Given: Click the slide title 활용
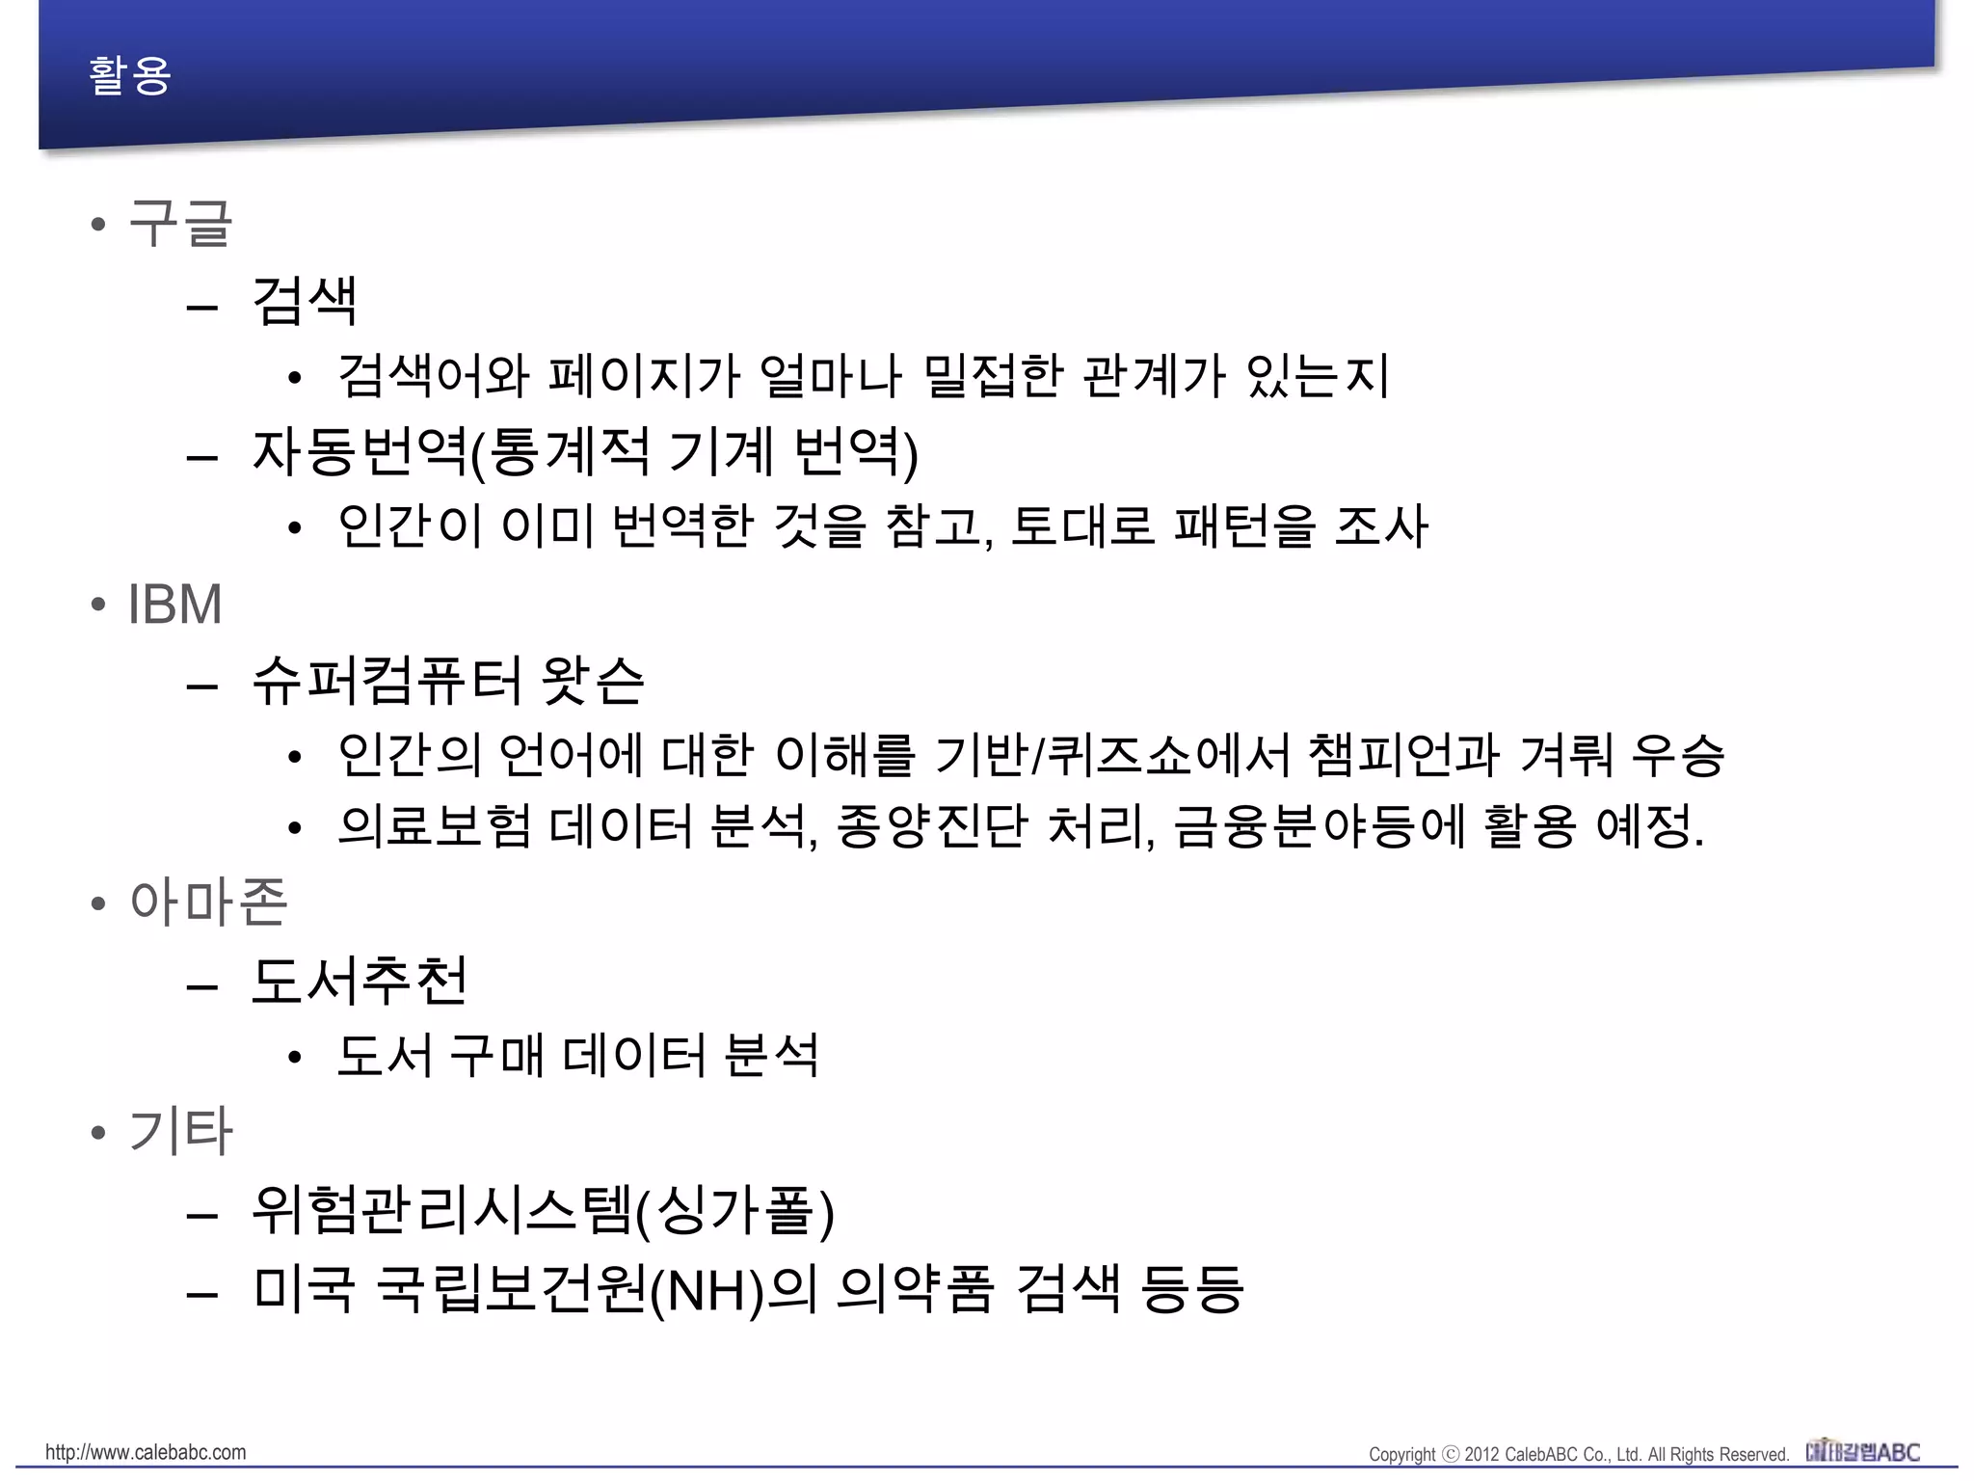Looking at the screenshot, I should point(129,75).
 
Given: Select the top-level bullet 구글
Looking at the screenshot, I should point(180,224).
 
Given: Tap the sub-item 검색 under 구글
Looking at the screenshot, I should point(305,301).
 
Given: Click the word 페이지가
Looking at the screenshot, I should point(644,376).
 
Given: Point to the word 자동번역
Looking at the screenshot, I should point(360,451).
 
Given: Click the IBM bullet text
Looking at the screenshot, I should point(174,605).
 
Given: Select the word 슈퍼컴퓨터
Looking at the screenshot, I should point(387,681).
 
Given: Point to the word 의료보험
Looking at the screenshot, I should point(435,827).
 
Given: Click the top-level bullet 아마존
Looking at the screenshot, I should point(208,903).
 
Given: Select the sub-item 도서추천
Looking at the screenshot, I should point(360,981).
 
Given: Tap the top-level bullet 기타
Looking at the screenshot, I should point(180,1131).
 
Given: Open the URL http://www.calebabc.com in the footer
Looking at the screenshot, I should point(146,1452).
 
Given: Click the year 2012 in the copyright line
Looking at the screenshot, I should point(1481,1454).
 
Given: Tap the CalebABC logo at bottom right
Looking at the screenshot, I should point(1862,1451).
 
